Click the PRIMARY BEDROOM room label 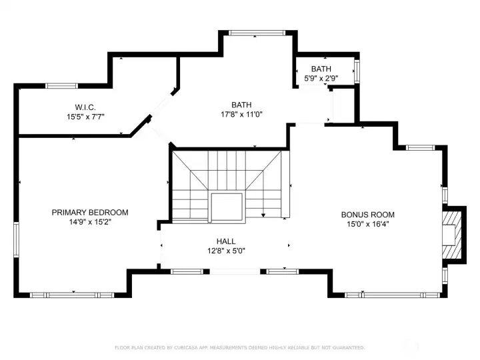coord(90,212)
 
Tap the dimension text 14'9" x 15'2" coord(90,221)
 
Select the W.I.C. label coord(85,107)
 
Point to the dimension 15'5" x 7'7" coord(86,117)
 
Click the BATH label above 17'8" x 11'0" coord(241,105)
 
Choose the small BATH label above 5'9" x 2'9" coord(321,69)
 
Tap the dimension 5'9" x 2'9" coord(321,78)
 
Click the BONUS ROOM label coord(367,214)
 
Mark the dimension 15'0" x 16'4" coord(367,224)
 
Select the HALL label coord(226,241)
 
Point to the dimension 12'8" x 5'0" coord(226,251)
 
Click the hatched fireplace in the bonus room coord(452,235)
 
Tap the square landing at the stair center coord(227,207)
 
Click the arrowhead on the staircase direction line coord(263,215)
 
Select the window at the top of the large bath coord(257,33)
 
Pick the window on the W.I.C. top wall coord(61,86)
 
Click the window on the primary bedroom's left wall coord(16,240)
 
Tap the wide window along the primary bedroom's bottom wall coord(72,295)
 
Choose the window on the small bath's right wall coord(357,71)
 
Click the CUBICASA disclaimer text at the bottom coord(240,347)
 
